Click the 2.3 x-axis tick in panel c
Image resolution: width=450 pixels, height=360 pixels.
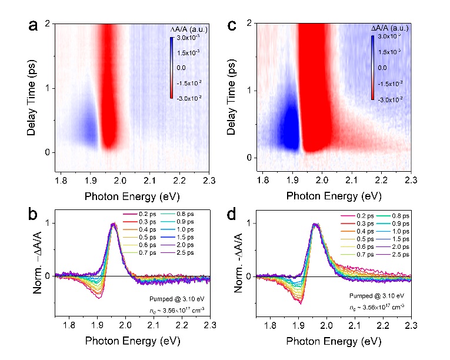coord(410,179)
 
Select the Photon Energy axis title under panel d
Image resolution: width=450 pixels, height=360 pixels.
coord(334,341)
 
